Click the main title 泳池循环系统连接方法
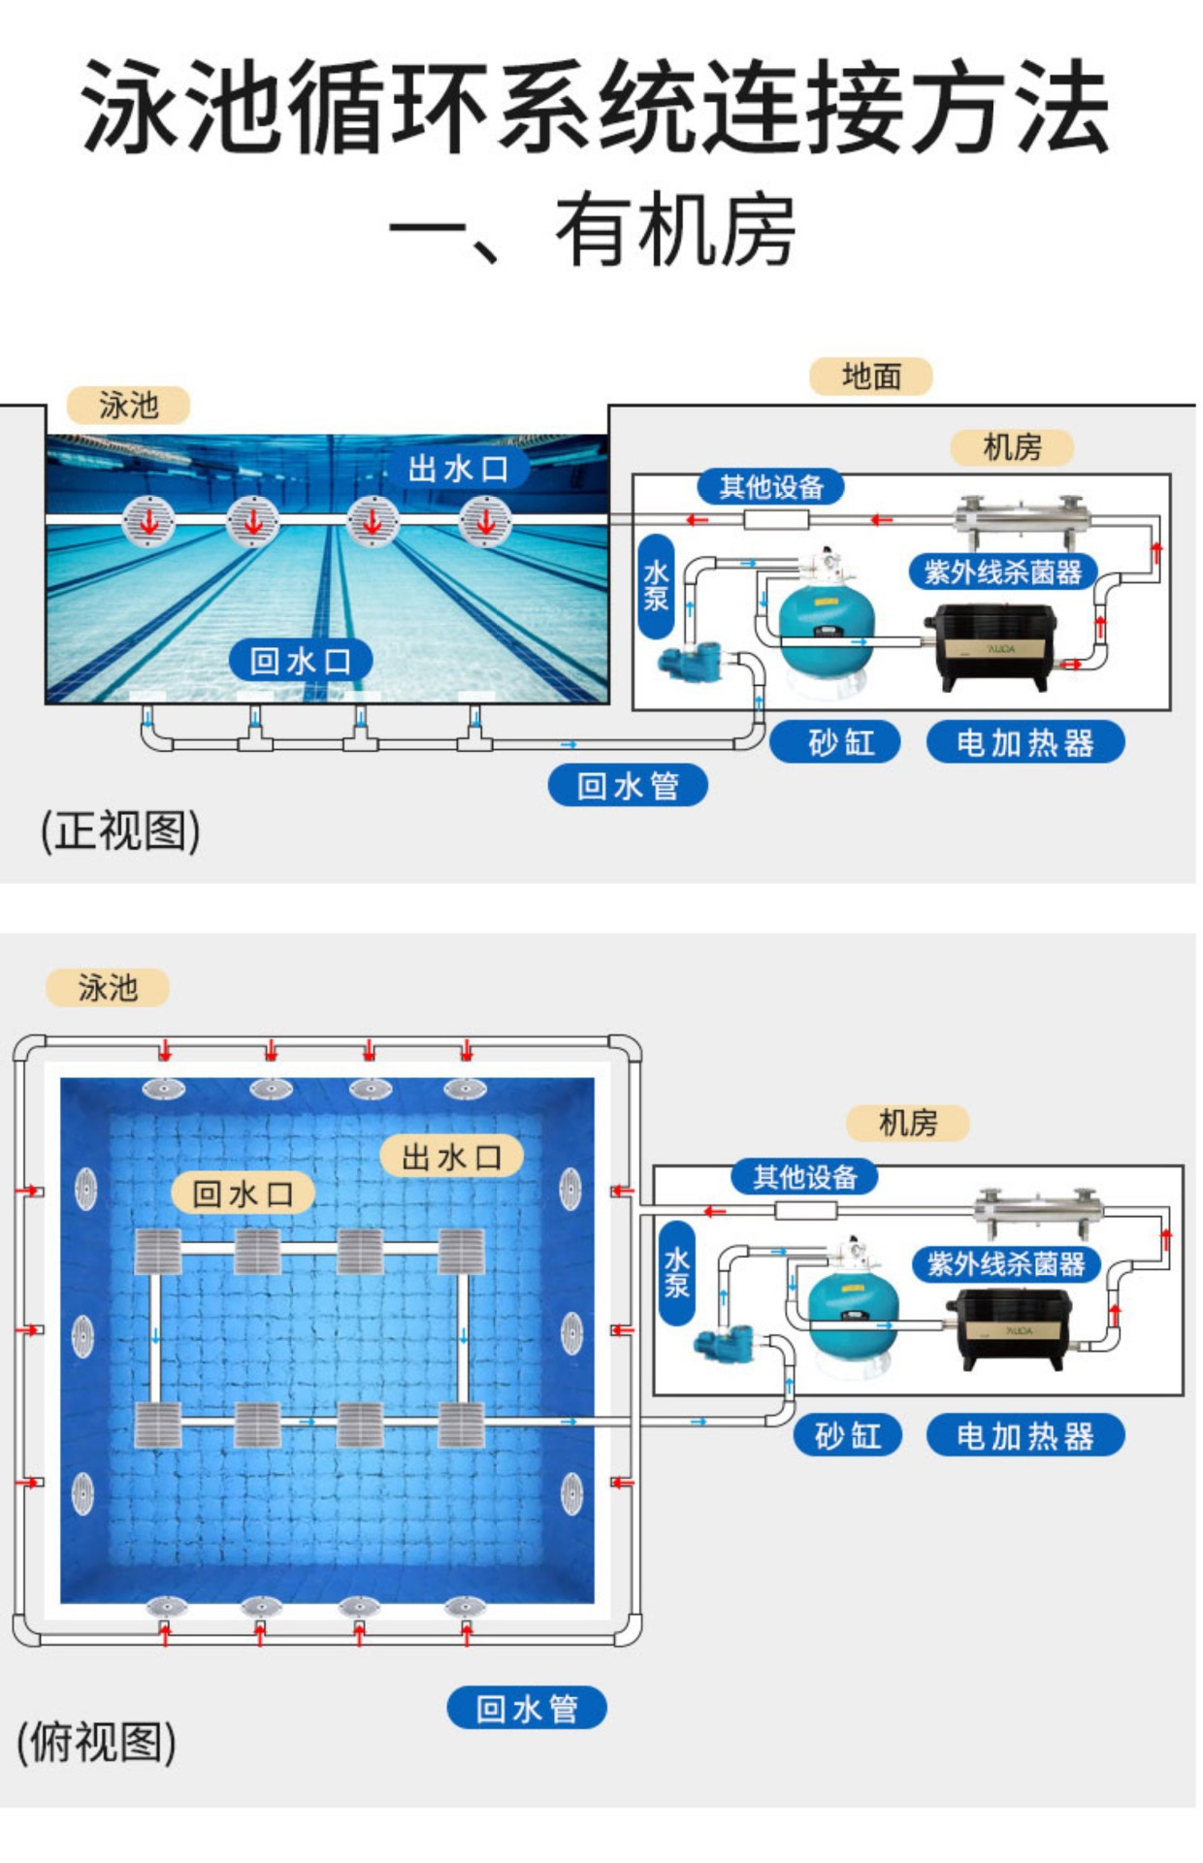coord(596,107)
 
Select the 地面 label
coord(870,376)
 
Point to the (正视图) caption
coord(120,831)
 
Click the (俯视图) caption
coord(96,1741)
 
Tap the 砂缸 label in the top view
coord(848,1435)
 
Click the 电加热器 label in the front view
coord(1024,742)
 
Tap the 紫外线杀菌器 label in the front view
coord(1002,572)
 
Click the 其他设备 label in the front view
coord(770,486)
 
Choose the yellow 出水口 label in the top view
coord(451,1157)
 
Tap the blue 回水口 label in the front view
coord(300,661)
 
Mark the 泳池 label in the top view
coord(107,988)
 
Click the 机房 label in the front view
coord(1011,447)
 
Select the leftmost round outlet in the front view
coord(148,521)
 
